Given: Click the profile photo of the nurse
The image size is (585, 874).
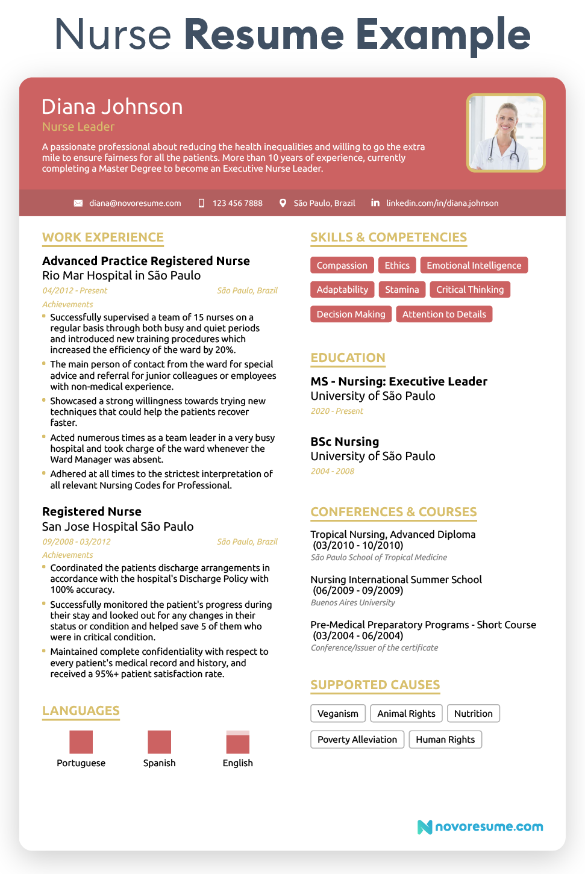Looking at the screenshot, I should (x=505, y=133).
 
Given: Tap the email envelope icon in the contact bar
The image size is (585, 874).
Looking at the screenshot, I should (x=78, y=203).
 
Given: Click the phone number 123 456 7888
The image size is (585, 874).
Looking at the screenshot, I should (x=237, y=203).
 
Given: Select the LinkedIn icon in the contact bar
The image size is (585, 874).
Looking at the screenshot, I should (x=375, y=202).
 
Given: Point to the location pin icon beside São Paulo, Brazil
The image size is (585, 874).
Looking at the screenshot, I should (x=283, y=203).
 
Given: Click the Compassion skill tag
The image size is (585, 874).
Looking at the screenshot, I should (x=342, y=266).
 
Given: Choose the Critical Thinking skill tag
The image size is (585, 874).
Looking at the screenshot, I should (x=470, y=290).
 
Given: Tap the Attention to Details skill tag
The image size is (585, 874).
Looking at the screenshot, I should (x=444, y=314).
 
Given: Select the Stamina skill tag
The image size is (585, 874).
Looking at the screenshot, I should (x=402, y=290).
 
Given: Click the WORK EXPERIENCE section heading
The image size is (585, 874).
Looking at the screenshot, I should (x=103, y=237).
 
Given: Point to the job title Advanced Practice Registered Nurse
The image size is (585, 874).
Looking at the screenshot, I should (x=146, y=261).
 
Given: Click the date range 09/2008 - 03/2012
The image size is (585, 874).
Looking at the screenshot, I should (x=77, y=542).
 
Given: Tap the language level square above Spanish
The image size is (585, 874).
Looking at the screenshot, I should (x=160, y=742).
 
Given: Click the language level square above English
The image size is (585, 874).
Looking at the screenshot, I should (x=238, y=742).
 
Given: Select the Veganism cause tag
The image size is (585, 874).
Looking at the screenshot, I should (x=338, y=714).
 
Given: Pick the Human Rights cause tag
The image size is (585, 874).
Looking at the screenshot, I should (x=445, y=740).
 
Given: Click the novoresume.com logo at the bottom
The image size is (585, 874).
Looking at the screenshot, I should (x=480, y=826).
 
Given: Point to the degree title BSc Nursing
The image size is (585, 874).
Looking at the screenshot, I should (x=345, y=442).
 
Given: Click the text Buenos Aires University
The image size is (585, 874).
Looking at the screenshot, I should (x=353, y=602).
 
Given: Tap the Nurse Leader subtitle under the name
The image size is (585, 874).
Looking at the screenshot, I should (x=78, y=126).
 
